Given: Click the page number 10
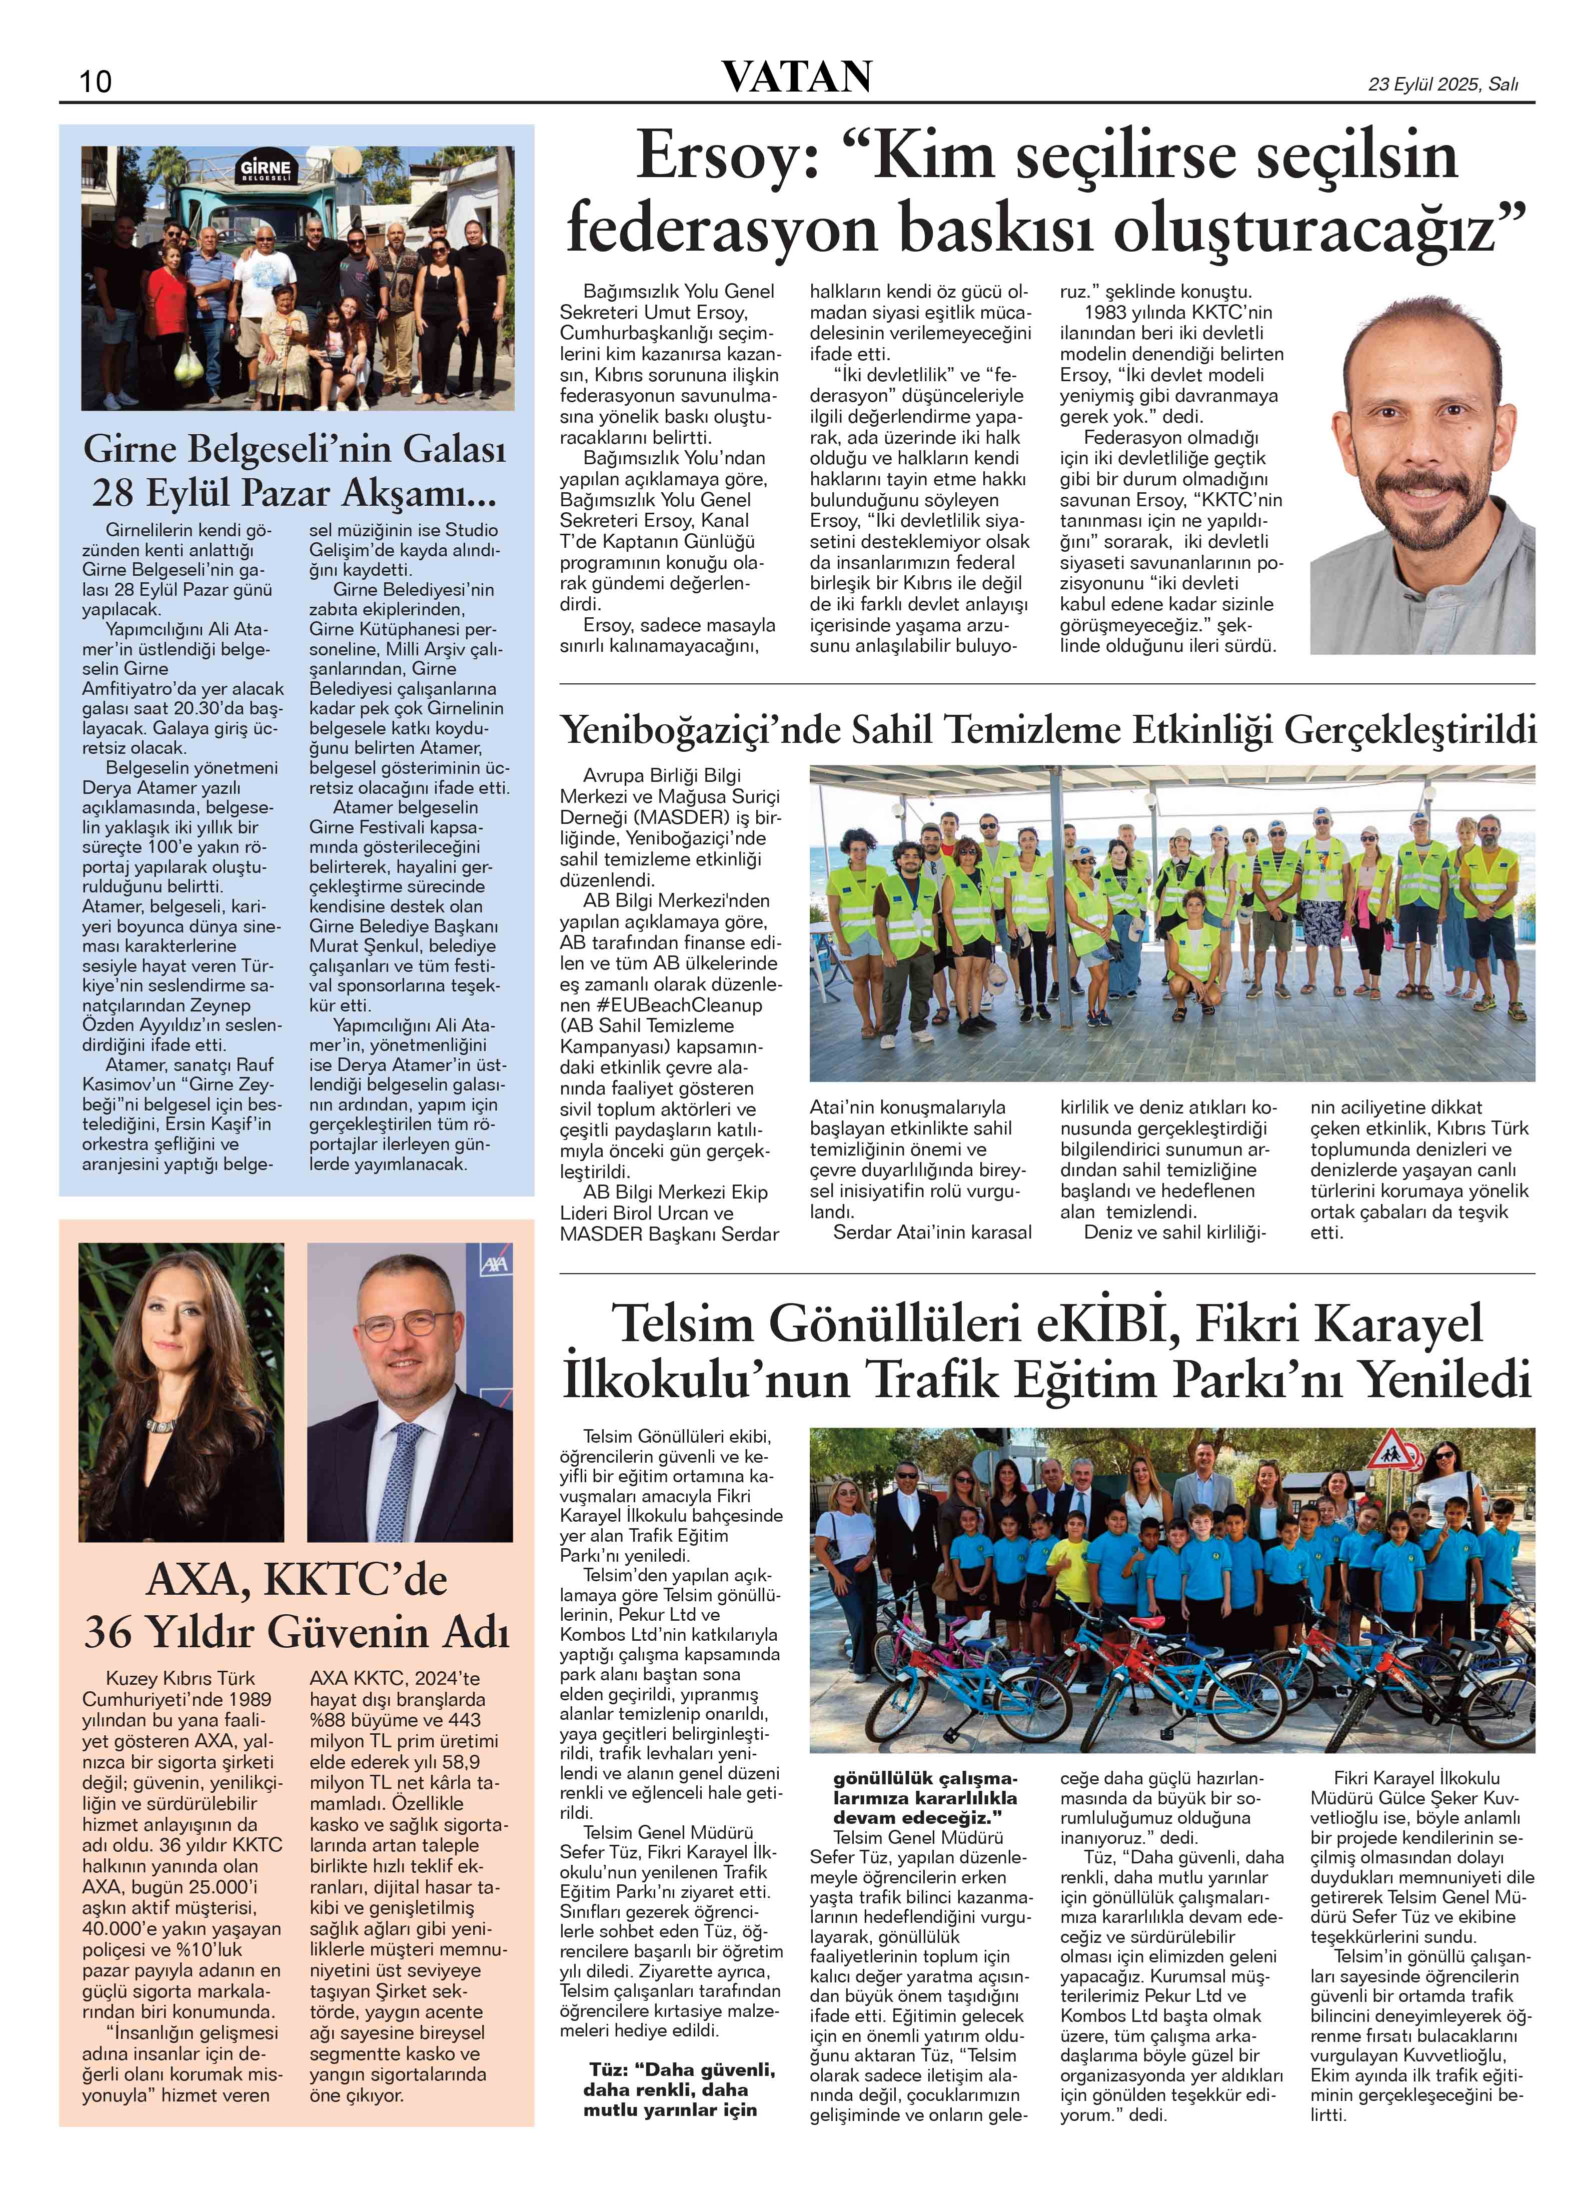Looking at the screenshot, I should [96, 81].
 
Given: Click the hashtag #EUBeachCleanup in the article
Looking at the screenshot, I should [661, 1004].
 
